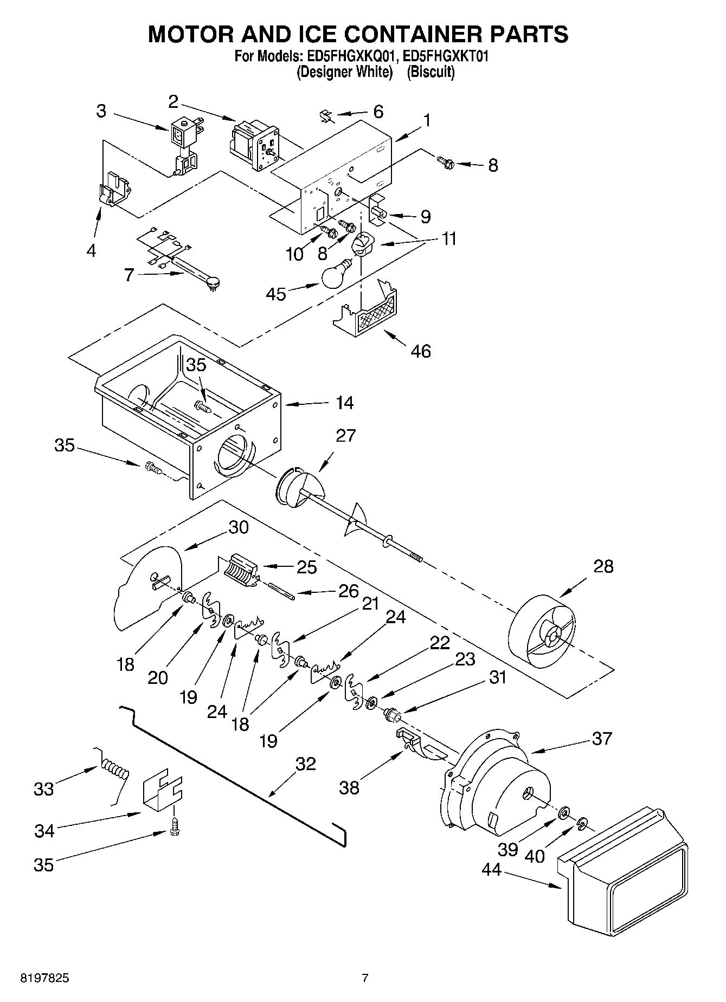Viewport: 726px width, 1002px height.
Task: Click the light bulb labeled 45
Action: click(335, 275)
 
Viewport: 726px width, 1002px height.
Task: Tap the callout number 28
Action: click(603, 566)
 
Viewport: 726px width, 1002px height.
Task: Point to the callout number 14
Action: click(344, 403)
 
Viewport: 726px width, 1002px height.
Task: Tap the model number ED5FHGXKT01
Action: click(442, 56)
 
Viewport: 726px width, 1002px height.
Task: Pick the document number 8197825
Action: click(44, 979)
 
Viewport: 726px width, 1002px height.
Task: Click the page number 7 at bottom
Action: click(365, 979)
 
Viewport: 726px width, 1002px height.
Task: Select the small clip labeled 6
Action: click(326, 116)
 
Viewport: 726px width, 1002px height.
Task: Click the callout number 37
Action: click(602, 738)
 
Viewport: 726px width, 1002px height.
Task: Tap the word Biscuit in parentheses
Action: click(431, 72)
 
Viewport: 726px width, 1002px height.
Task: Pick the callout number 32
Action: click(306, 764)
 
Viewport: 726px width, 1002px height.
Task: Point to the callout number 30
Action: click(238, 527)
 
